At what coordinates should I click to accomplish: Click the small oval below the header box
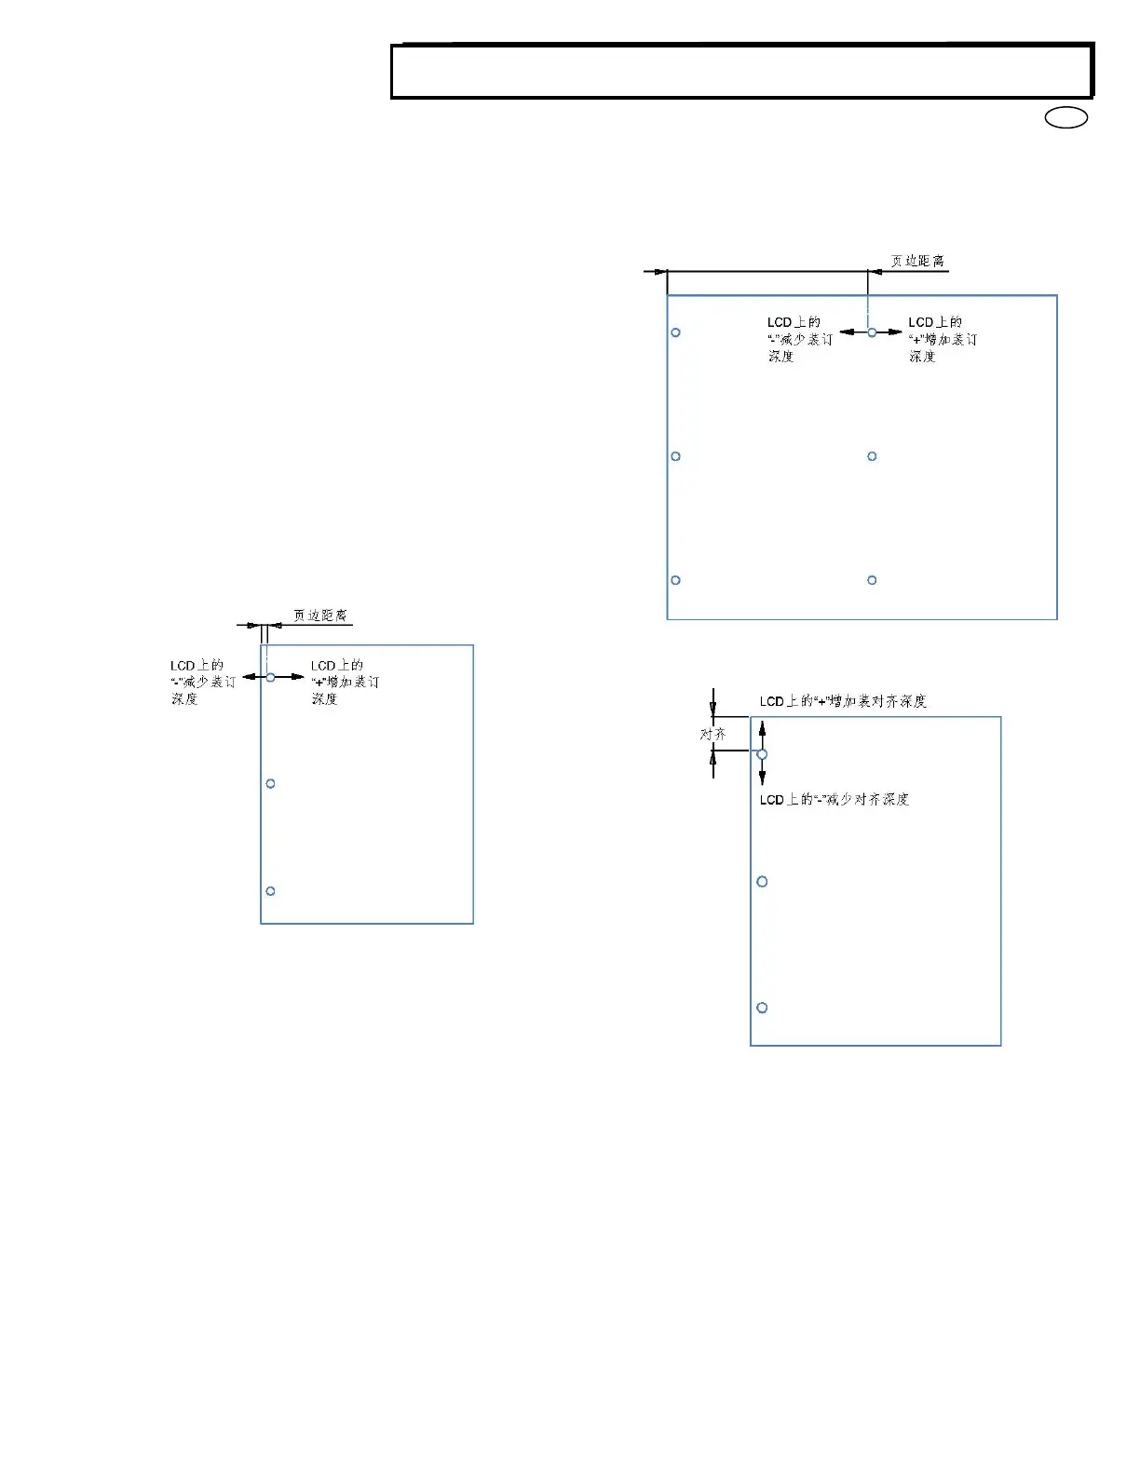click(1066, 118)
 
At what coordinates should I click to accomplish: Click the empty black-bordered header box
click(741, 72)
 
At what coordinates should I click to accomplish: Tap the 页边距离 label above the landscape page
click(917, 262)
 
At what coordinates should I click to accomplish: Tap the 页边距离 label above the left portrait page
click(320, 616)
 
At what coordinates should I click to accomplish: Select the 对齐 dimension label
click(712, 735)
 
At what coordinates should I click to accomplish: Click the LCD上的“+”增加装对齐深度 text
click(843, 701)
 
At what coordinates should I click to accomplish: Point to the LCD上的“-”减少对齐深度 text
click(834, 800)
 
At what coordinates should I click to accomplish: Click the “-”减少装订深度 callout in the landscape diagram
click(799, 339)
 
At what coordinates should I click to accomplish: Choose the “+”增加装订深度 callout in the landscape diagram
click(942, 339)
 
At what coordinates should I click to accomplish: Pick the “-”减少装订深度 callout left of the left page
click(202, 682)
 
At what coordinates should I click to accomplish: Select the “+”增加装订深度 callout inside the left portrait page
click(344, 682)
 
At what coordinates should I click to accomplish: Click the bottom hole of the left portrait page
click(271, 891)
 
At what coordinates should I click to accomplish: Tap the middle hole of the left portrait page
click(271, 784)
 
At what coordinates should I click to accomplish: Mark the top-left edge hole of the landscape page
click(676, 332)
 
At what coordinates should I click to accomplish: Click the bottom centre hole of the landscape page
click(872, 580)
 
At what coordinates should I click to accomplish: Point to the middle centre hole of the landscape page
click(872, 456)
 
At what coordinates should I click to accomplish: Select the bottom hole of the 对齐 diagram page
click(762, 1008)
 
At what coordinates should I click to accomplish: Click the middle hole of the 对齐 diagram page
click(762, 882)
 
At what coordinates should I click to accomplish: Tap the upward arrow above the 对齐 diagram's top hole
click(762, 732)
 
